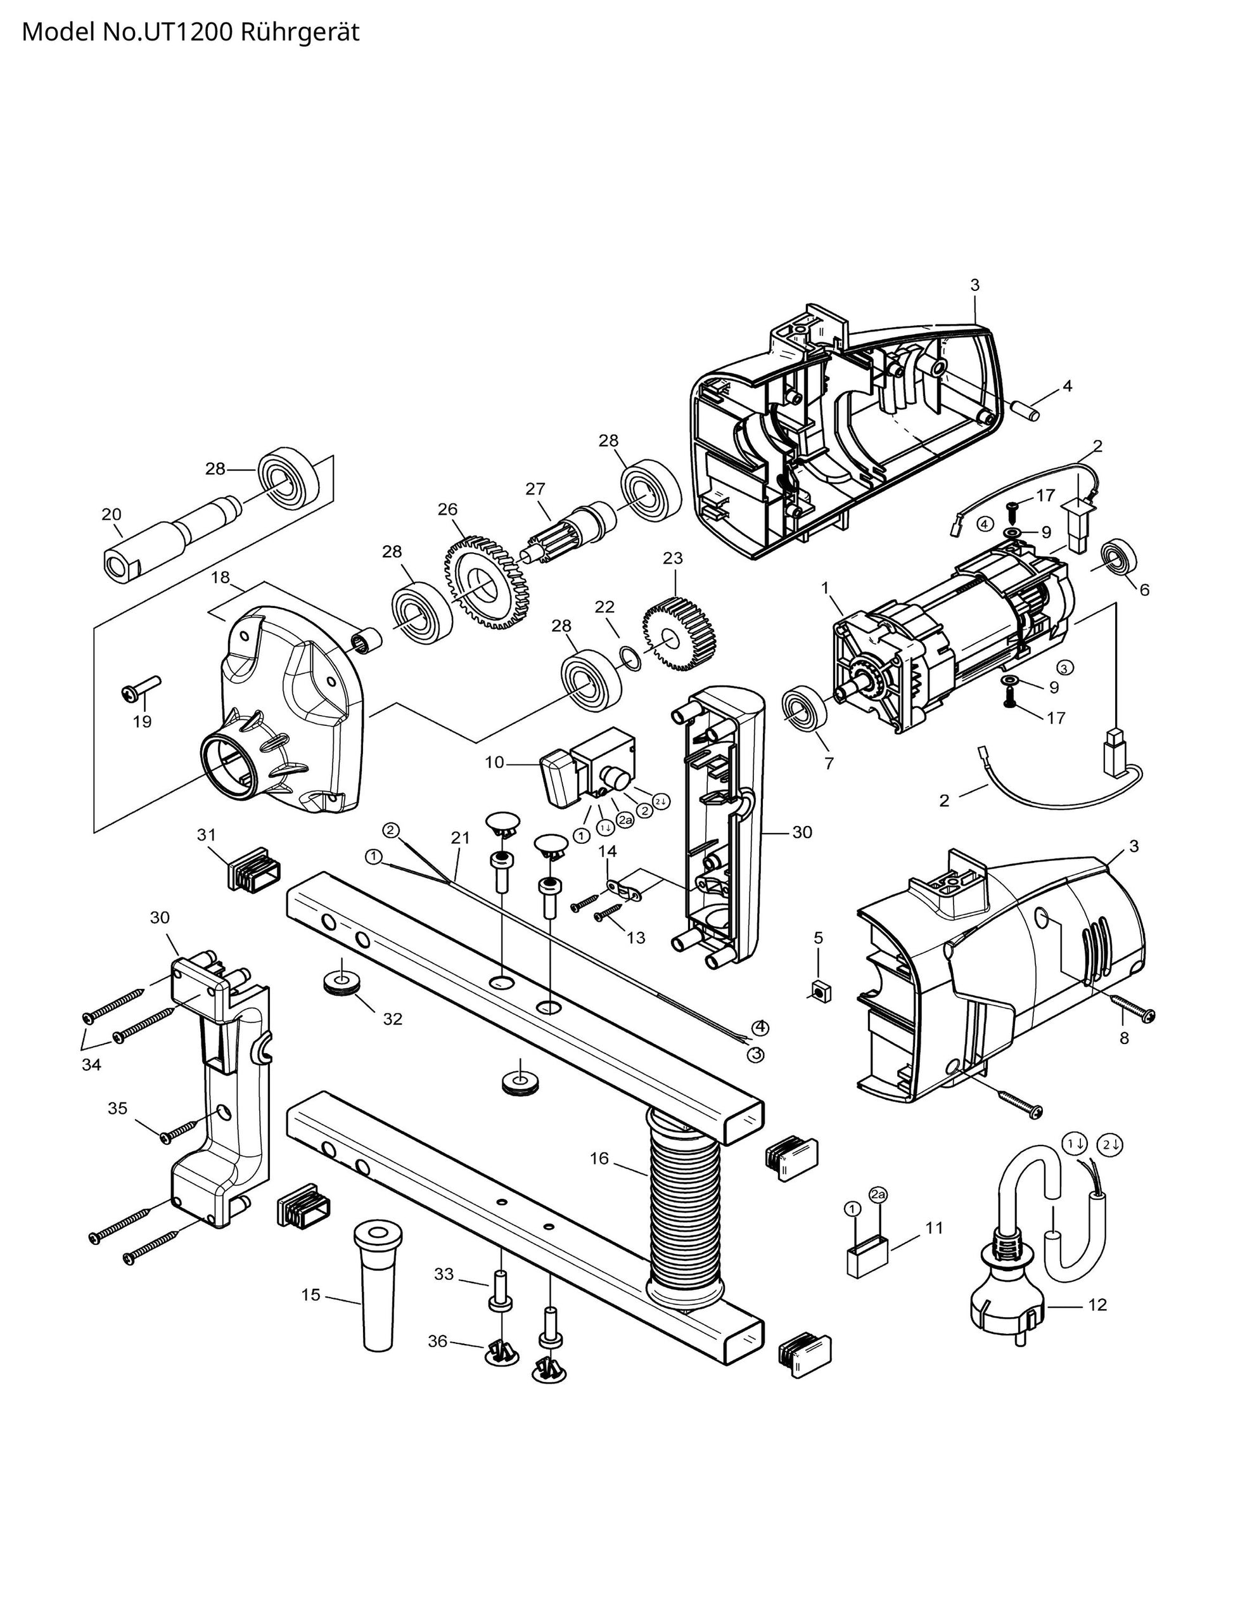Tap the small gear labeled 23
pos(679,625)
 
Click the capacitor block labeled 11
pos(867,1255)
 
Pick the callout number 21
pos(459,837)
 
